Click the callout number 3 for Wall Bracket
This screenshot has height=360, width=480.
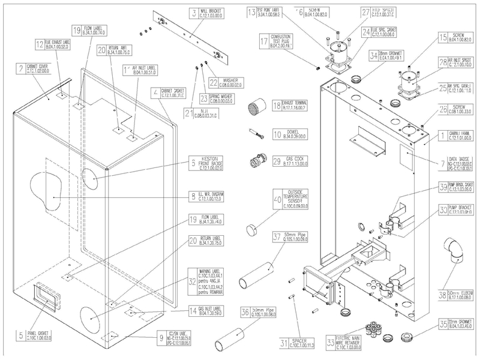(194, 12)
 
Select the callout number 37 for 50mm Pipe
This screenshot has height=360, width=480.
(277, 236)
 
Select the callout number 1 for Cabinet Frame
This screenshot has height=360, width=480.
(442, 136)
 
